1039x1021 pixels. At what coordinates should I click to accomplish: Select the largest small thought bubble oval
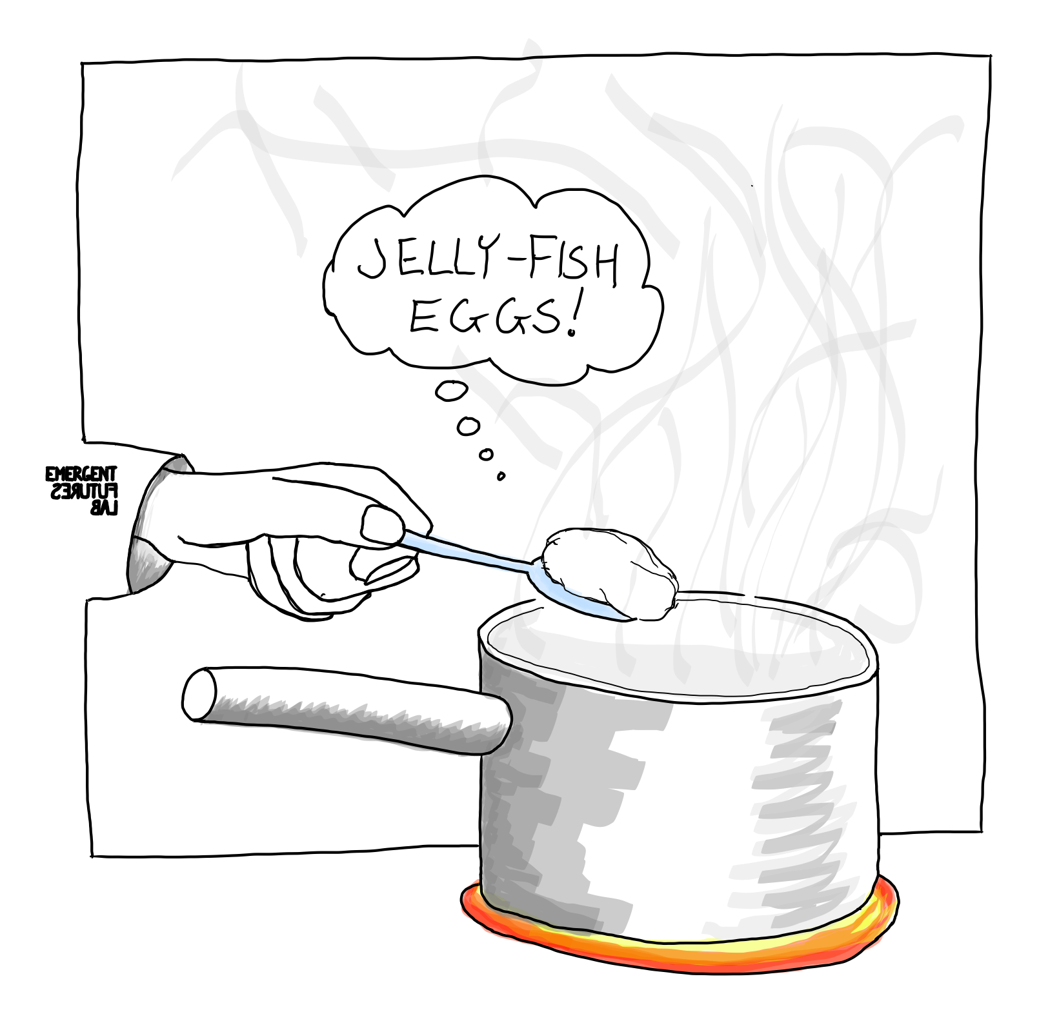451,391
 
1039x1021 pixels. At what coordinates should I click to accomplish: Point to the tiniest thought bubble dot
500,477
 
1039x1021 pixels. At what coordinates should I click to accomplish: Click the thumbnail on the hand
381,524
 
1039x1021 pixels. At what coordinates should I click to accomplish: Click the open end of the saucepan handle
199,695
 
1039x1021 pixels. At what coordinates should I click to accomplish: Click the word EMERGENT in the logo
81,475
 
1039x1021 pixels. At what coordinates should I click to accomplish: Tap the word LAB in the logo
104,508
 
